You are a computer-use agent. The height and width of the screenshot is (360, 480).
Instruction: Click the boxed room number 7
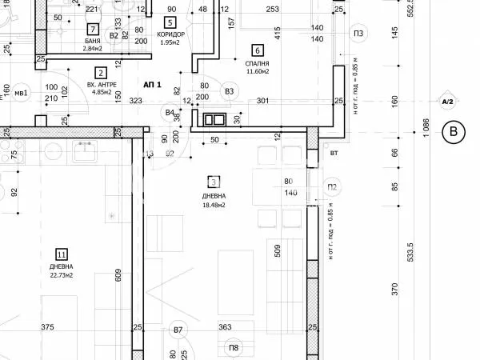click(x=94, y=30)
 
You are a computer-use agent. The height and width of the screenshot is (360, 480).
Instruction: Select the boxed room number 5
click(x=169, y=22)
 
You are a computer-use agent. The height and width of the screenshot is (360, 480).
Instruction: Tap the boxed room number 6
click(x=257, y=49)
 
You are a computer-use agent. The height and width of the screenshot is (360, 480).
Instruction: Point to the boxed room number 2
click(x=100, y=72)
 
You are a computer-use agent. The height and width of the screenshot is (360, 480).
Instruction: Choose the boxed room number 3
click(x=214, y=182)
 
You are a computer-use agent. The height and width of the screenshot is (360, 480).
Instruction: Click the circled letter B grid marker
click(x=455, y=131)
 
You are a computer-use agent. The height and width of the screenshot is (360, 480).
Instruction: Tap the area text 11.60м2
click(x=258, y=72)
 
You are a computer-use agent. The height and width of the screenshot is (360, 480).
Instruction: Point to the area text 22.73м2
click(x=62, y=275)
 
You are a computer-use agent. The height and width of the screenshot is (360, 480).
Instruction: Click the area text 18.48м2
click(x=214, y=205)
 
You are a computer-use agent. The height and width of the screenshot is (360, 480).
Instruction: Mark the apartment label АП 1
click(x=153, y=84)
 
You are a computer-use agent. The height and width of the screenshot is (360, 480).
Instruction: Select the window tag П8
click(x=234, y=347)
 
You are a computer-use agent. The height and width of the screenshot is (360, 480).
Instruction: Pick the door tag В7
click(x=178, y=329)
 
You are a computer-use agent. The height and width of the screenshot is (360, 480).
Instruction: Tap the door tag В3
click(x=230, y=92)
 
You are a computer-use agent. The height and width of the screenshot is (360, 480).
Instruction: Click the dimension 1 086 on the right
click(x=426, y=130)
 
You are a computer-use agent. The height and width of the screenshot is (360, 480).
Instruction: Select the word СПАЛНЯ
click(x=257, y=62)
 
